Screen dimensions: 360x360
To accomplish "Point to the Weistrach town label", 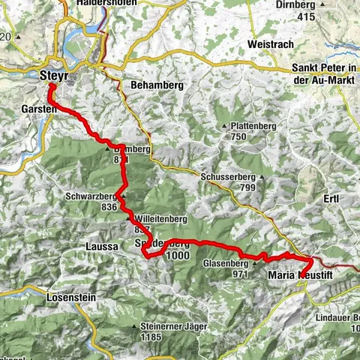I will (x=268, y=45).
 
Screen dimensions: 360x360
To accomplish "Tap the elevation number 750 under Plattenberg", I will (x=239, y=136).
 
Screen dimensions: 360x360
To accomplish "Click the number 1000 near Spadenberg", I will (x=179, y=255).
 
